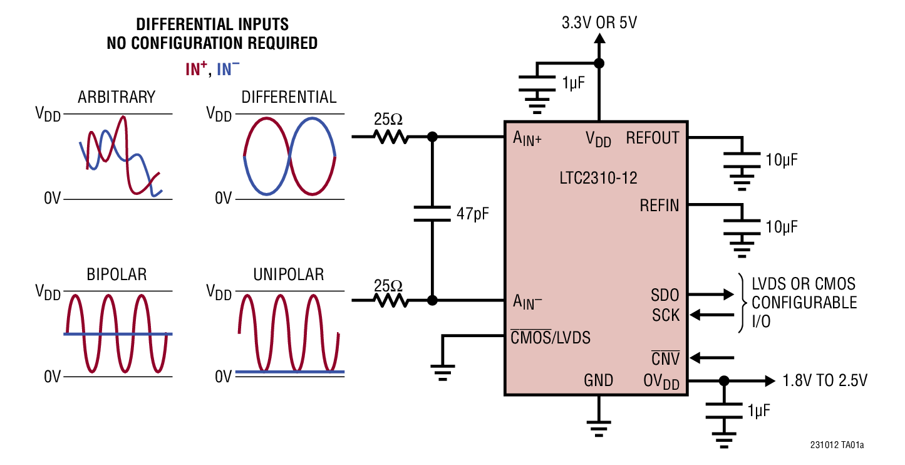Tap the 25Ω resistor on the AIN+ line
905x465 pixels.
391,136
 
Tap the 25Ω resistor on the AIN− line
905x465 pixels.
391,301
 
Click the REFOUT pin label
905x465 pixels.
652,138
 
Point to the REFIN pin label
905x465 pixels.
659,205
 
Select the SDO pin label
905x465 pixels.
665,295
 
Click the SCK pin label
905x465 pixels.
665,315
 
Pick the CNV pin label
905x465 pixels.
665,359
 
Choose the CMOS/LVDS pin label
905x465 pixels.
551,338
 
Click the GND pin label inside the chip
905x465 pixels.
598,380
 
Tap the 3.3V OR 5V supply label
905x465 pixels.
599,24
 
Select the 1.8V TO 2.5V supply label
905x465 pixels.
825,381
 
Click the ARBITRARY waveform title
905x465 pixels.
116,97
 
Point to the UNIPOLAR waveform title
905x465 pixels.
289,274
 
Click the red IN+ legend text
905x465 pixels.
196,69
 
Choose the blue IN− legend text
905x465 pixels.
228,69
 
